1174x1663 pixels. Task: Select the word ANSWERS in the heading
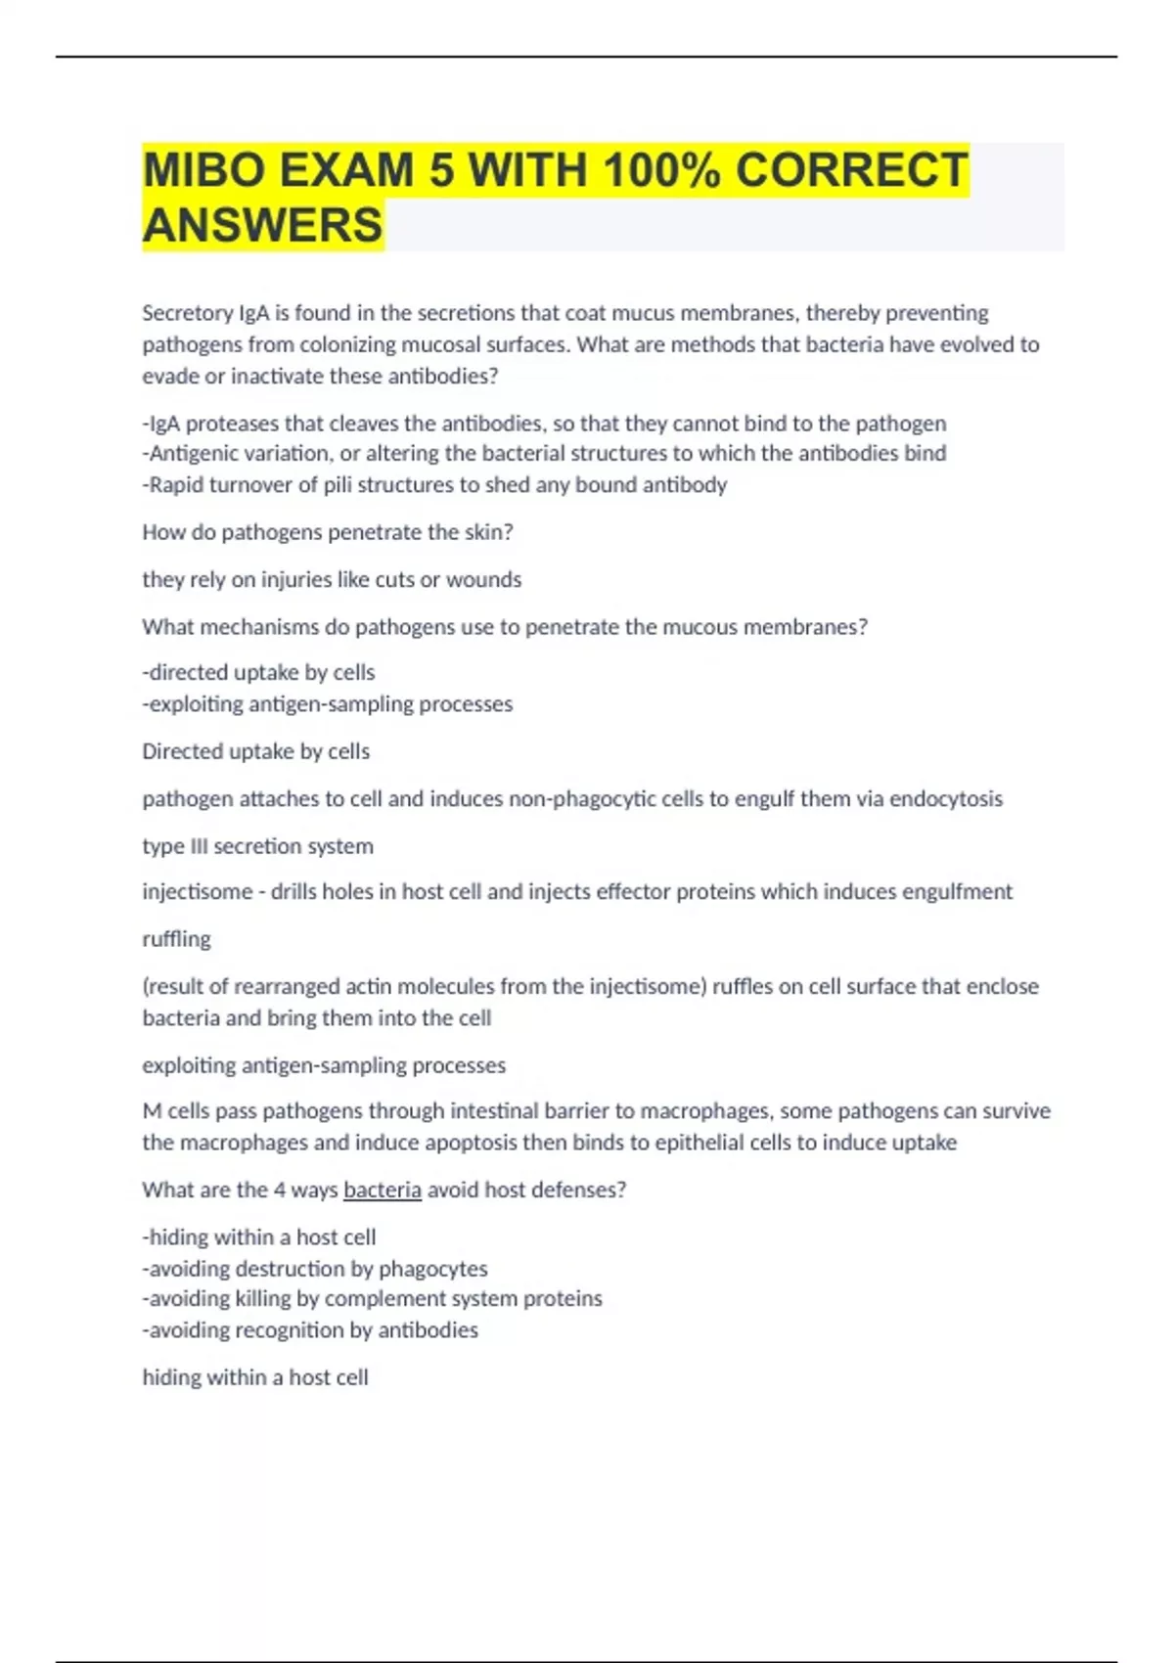click(262, 225)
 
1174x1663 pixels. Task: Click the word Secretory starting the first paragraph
click(187, 313)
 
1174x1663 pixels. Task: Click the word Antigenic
click(193, 454)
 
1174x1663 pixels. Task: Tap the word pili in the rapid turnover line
click(340, 485)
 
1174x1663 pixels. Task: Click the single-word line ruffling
click(176, 939)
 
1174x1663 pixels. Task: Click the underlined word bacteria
click(383, 1190)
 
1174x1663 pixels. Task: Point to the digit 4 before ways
click(279, 1190)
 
